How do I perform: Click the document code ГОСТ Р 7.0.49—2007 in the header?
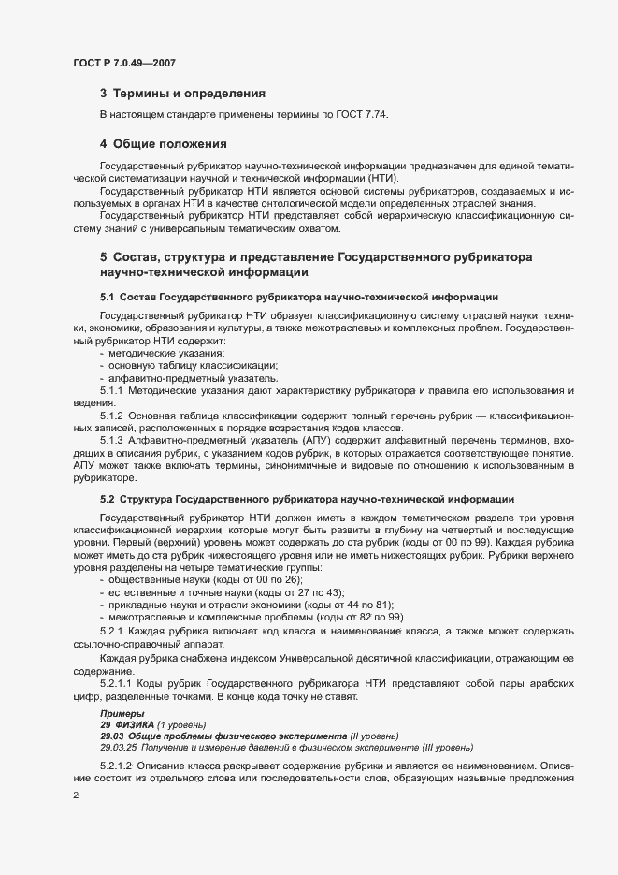pos(124,63)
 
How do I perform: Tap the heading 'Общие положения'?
pos(170,144)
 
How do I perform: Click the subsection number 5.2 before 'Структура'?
pos(107,500)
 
